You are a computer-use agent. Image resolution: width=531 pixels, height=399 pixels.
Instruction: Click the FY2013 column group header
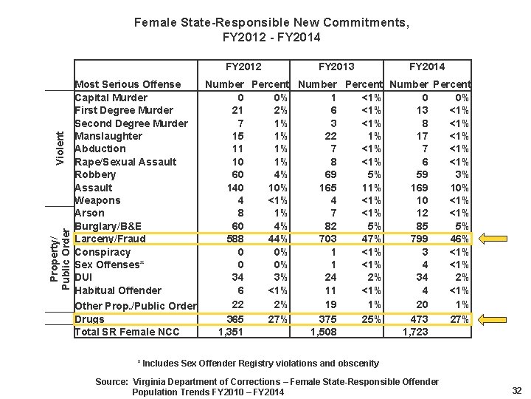336,66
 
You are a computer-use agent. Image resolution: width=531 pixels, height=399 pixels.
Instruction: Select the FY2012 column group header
243,66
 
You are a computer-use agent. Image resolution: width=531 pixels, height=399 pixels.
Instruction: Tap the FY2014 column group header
427,66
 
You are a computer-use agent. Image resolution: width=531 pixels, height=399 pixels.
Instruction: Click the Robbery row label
95,174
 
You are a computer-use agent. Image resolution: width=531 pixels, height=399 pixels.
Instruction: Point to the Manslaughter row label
108,136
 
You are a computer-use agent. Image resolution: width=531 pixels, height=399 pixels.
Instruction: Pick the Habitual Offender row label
118,290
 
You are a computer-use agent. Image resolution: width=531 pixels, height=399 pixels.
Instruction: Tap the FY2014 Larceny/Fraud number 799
417,239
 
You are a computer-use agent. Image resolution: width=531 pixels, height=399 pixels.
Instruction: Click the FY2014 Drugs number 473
417,319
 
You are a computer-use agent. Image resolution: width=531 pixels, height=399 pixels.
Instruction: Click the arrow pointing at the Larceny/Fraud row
490,239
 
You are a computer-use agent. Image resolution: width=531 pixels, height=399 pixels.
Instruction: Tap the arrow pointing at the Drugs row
490,319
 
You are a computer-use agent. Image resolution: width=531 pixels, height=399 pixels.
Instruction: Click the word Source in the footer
111,381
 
